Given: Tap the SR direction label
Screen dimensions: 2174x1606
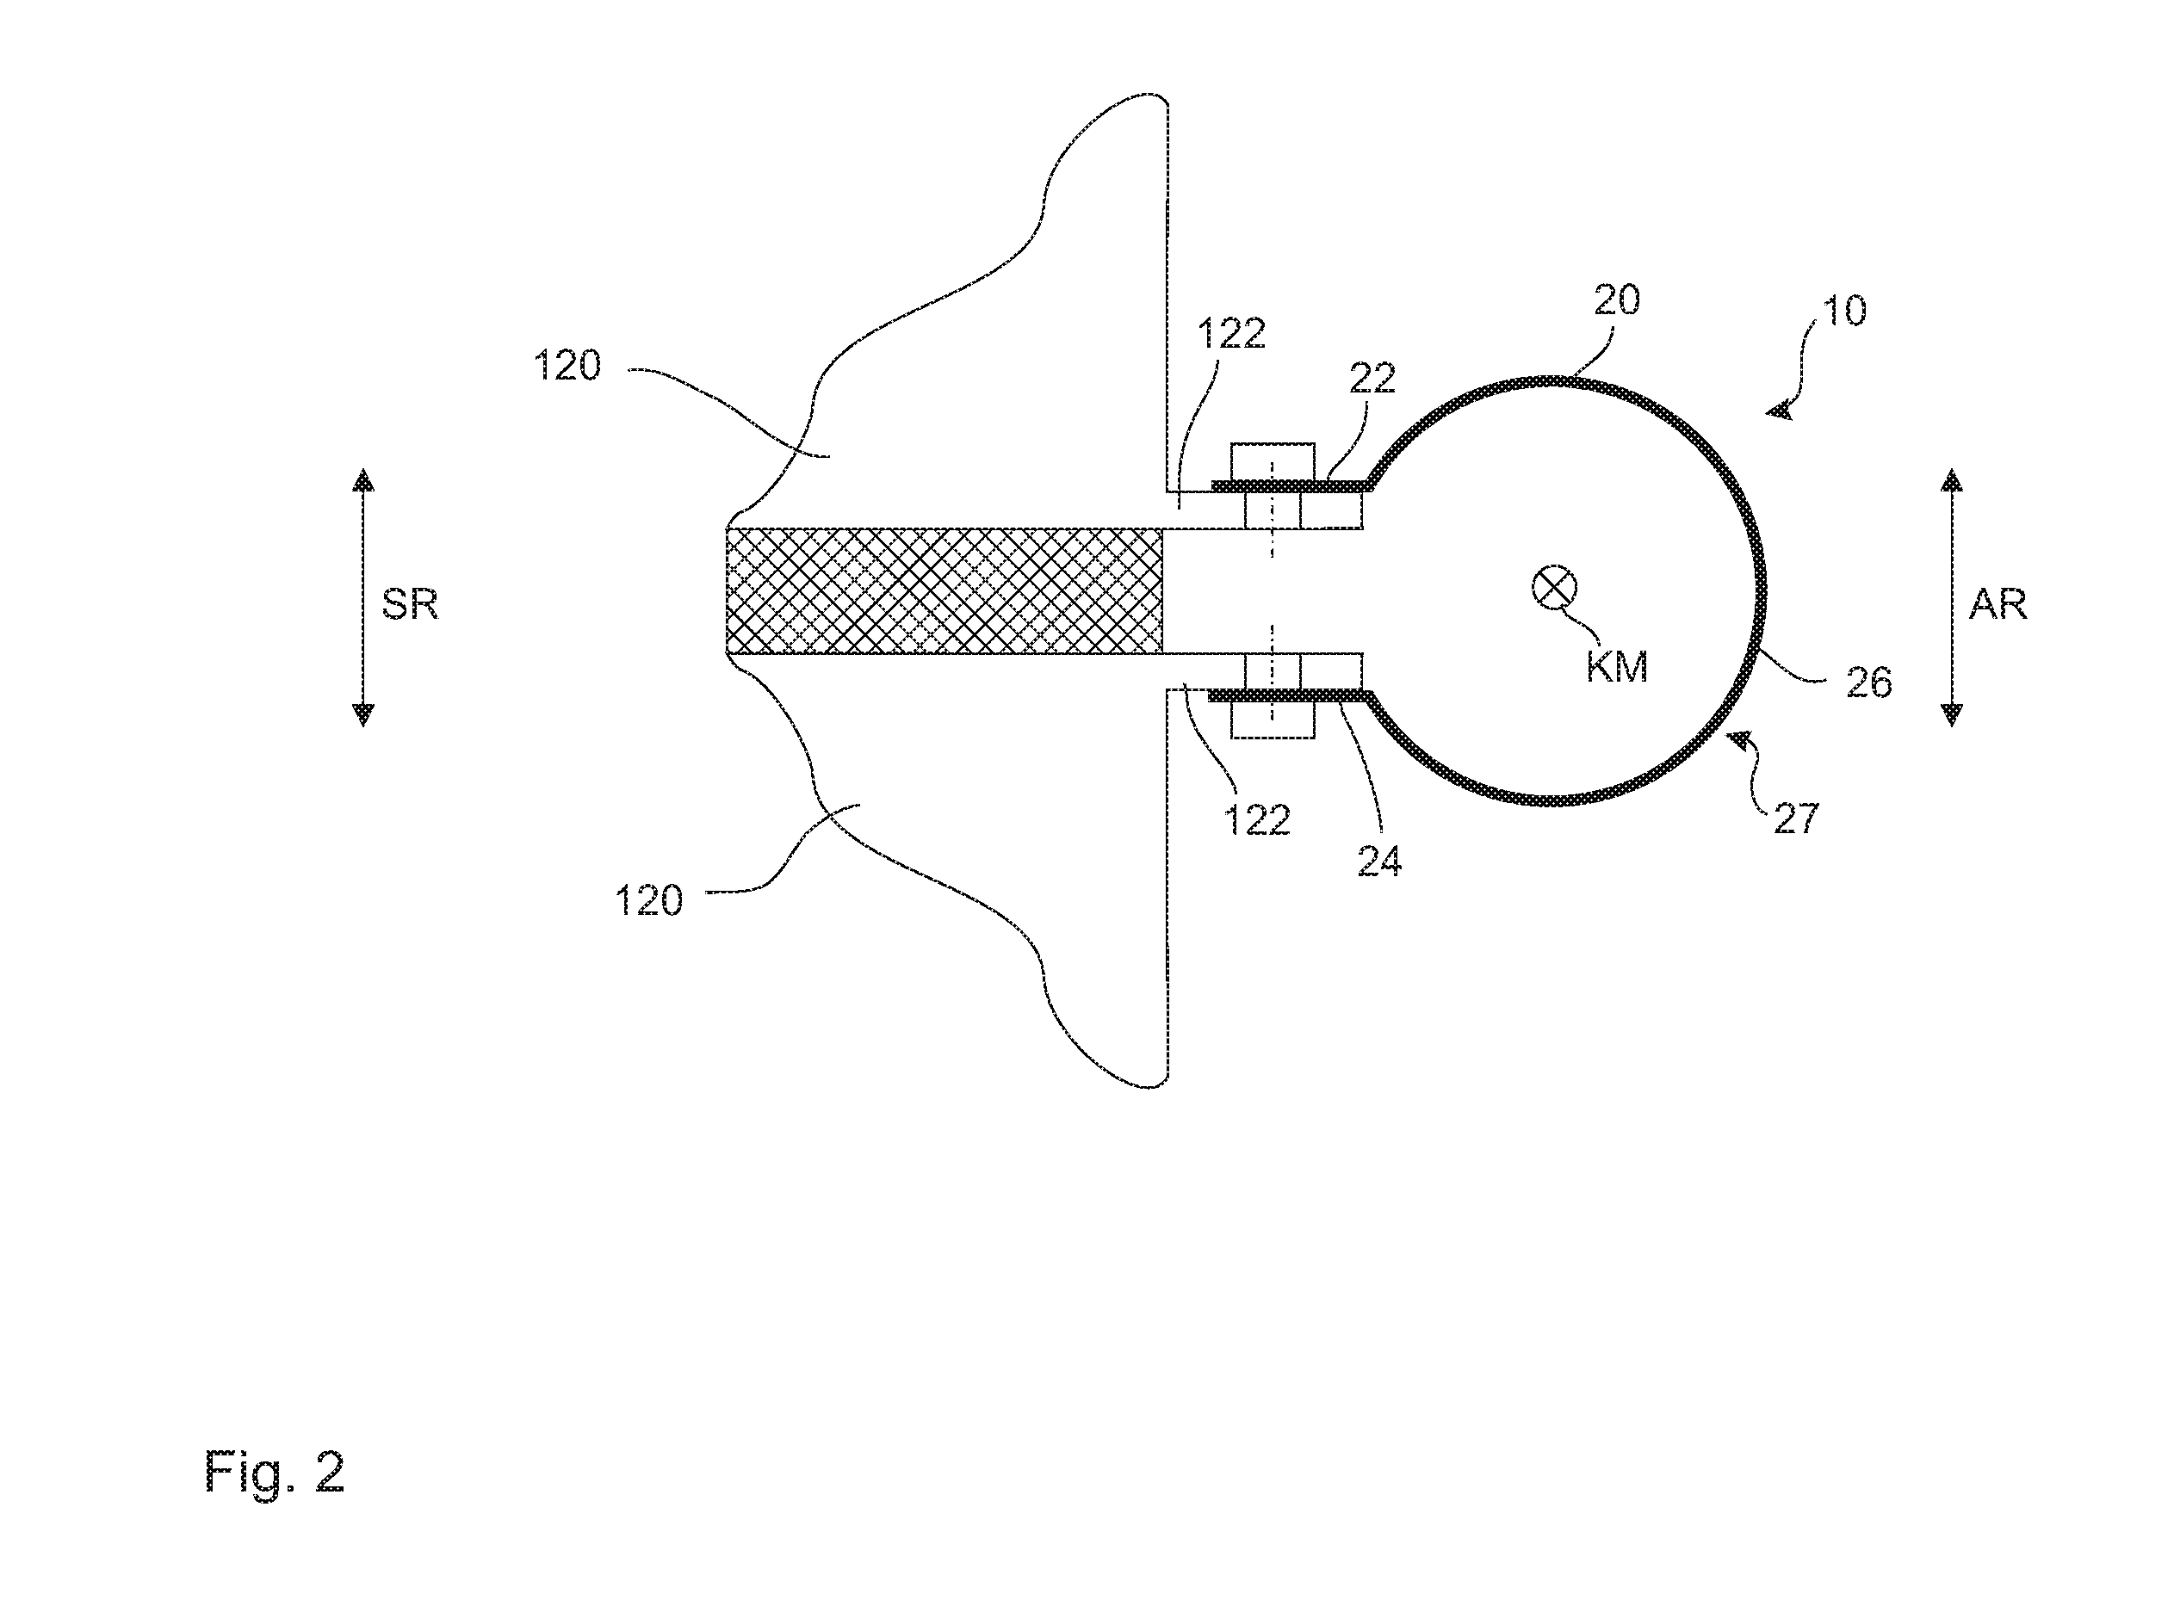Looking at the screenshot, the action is tap(409, 605).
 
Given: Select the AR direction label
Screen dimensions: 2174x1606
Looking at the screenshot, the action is tap(1998, 605).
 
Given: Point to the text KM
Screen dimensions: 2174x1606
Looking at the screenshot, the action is tap(1617, 667).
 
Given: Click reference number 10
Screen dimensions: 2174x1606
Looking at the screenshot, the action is tap(1843, 311).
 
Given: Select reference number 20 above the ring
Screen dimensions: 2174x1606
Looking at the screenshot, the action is tap(1617, 300).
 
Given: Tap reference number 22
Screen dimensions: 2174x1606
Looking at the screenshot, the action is tap(1372, 378).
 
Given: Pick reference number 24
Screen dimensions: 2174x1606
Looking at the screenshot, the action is tap(1379, 862).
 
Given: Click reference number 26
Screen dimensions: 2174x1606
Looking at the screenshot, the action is tap(1868, 683).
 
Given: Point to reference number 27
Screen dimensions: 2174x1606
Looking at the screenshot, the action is tap(1796, 818).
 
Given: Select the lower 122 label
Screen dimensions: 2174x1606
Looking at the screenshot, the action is tap(1256, 820).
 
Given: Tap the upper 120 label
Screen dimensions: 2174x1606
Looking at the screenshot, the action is tap(567, 367).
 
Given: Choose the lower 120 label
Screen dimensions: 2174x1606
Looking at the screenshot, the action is tap(649, 901).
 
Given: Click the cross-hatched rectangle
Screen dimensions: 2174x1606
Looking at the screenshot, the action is tap(945, 591).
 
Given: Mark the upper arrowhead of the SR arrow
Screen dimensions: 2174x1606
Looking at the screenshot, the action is tap(362, 479).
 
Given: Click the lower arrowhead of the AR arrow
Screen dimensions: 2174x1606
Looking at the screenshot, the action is tap(1951, 715).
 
